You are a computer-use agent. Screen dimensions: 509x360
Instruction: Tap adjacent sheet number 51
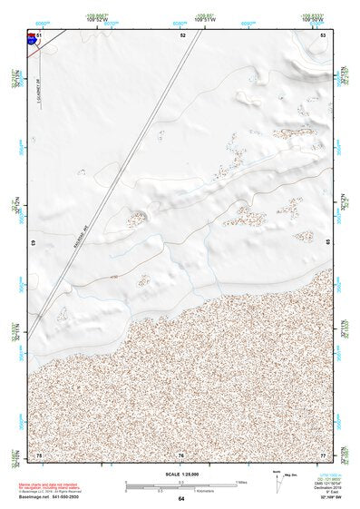click(40, 34)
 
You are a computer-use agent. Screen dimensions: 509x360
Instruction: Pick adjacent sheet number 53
click(323, 34)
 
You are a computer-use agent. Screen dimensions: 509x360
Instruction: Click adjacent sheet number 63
click(34, 244)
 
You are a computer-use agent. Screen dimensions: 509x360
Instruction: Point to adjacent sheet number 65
click(327, 244)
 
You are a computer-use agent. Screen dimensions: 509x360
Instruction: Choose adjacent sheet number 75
click(39, 454)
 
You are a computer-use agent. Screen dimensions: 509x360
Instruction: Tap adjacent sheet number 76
click(181, 454)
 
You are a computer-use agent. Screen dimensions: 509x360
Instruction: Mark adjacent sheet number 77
click(323, 454)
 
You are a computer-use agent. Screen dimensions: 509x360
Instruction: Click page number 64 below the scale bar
click(181, 499)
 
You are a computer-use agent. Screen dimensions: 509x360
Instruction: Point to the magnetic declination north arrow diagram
click(278, 482)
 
